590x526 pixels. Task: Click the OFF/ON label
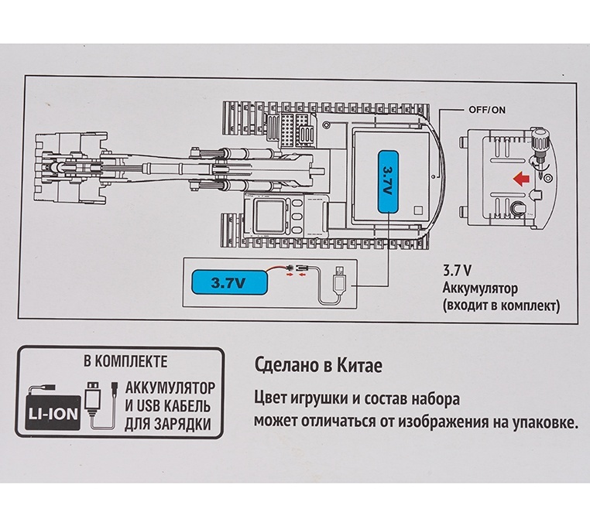487,110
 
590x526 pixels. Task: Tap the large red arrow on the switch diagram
521,178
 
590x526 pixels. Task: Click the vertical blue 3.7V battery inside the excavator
389,181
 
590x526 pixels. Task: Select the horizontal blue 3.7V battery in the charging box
229,282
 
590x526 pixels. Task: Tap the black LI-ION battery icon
53,412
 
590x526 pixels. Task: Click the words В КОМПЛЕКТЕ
125,362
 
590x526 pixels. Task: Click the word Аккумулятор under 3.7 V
480,289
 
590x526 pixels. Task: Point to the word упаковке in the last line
545,422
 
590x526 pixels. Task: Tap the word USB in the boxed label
149,406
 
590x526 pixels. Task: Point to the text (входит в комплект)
501,305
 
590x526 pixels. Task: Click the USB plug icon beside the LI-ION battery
93,396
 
